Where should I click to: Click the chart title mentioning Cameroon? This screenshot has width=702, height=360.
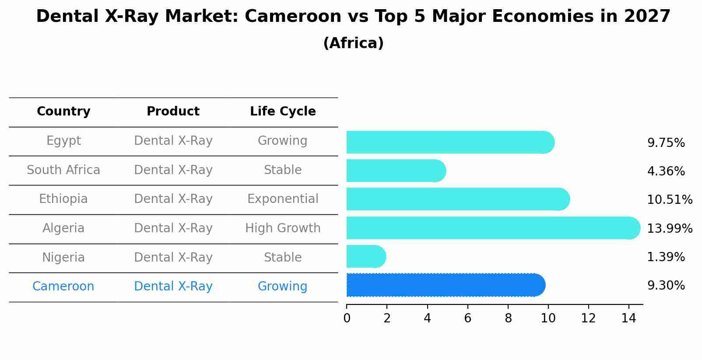coord(353,17)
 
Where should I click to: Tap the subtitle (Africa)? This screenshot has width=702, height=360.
coord(353,43)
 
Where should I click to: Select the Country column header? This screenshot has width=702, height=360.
coord(63,112)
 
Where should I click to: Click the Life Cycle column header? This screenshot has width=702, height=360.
coord(283,112)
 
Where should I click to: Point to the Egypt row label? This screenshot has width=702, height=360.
coord(63,141)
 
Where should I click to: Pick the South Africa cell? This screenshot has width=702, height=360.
coord(63,170)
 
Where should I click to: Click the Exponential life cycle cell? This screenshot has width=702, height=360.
coord(283,199)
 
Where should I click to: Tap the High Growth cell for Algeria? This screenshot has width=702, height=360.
coord(283,228)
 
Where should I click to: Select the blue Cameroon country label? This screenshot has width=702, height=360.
coord(63,287)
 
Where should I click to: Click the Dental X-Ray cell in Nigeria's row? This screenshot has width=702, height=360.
coord(173,258)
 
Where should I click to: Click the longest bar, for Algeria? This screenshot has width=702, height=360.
coord(490,228)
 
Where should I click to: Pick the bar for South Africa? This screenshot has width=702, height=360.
coord(394,171)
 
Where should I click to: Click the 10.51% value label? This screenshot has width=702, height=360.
coord(669,200)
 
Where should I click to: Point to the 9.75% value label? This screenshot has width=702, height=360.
coord(666,143)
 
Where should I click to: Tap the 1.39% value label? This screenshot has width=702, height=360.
coord(666,257)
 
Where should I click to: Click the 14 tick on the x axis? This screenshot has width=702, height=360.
coord(628,318)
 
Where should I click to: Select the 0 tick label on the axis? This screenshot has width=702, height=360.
coord(347,318)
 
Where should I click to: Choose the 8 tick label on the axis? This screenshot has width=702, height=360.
coord(508,318)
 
